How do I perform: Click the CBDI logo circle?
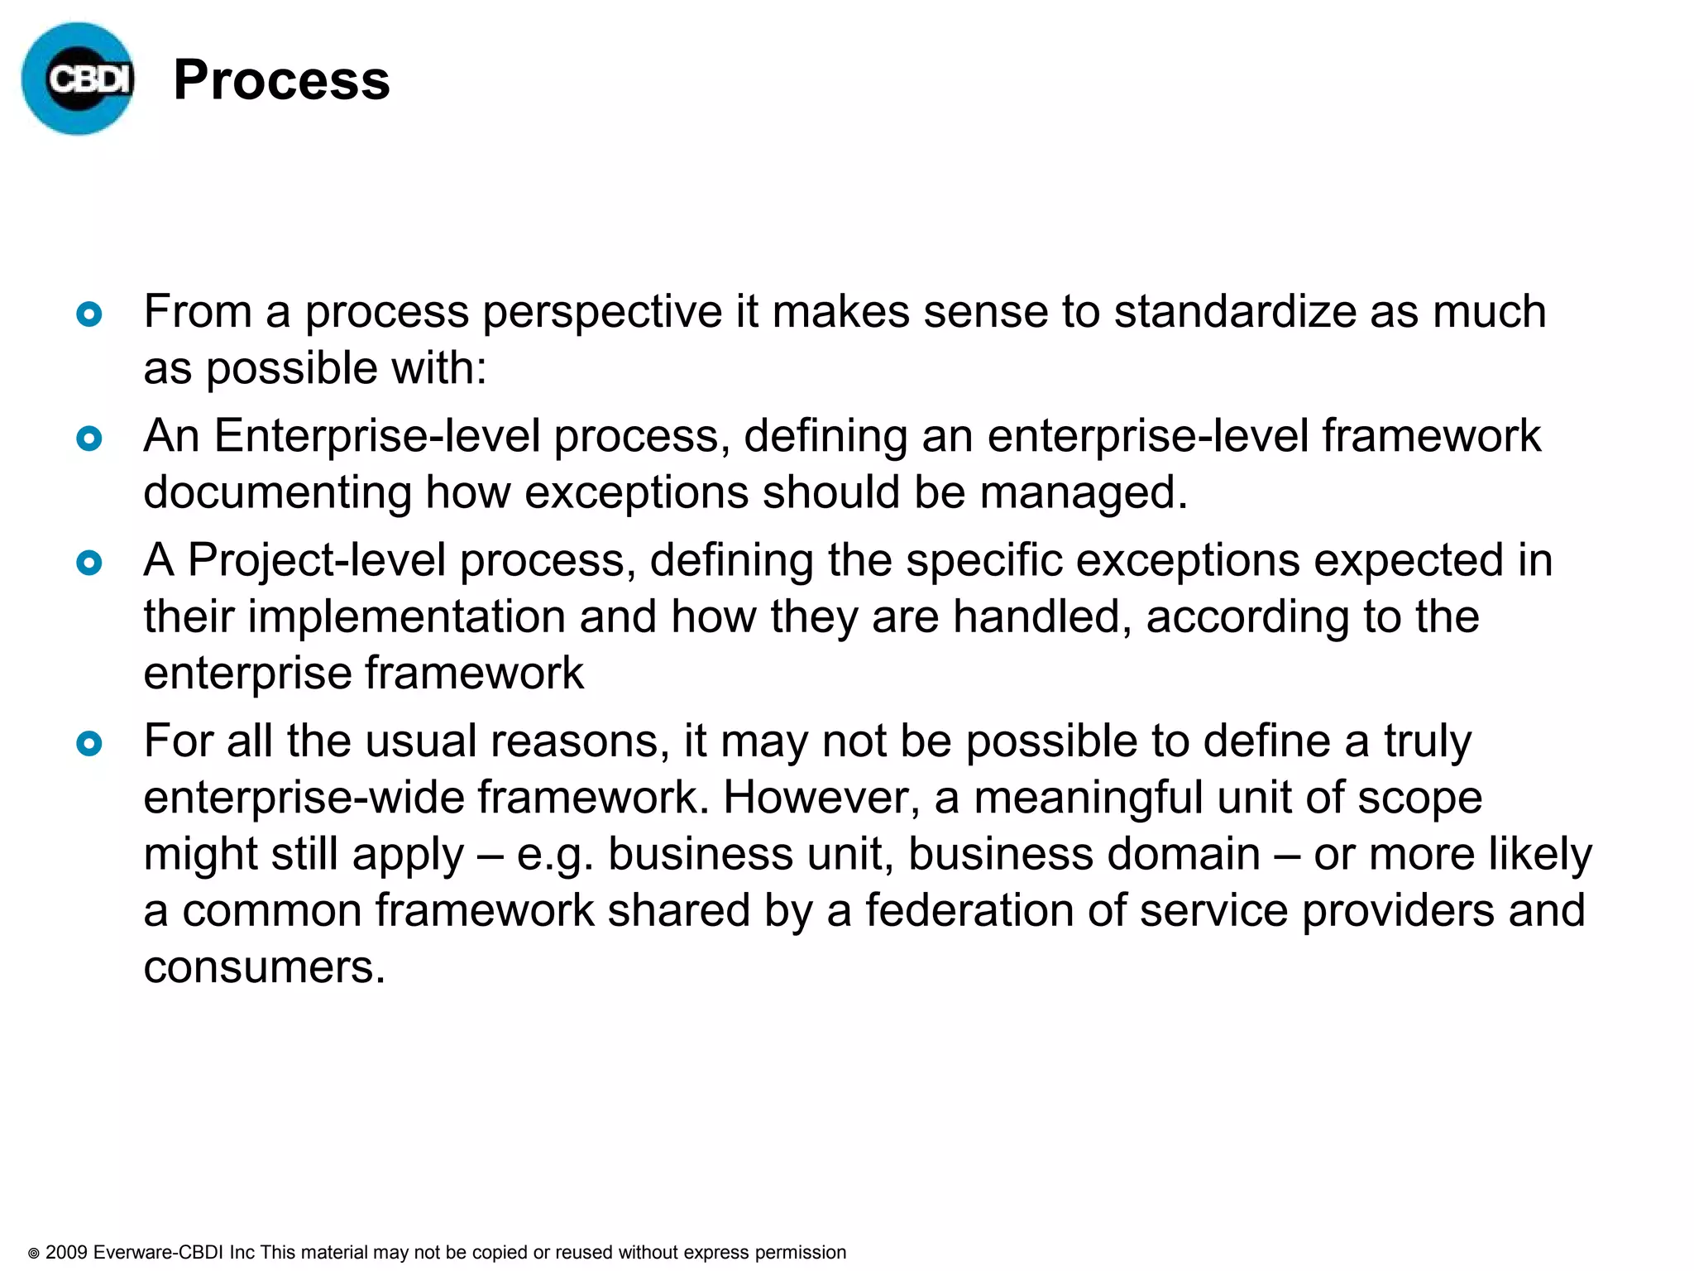coord(78,79)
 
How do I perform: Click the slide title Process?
coord(281,80)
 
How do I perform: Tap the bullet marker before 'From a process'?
coord(89,314)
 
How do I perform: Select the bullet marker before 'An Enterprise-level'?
coord(89,439)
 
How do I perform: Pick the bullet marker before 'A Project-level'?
coord(89,564)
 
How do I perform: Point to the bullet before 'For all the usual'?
coord(89,743)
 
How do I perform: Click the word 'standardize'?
coord(1234,312)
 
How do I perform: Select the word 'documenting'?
coord(277,493)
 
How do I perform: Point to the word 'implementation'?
coord(405,617)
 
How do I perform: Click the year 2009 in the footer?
coord(66,1252)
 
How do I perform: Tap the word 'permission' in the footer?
coord(801,1253)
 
